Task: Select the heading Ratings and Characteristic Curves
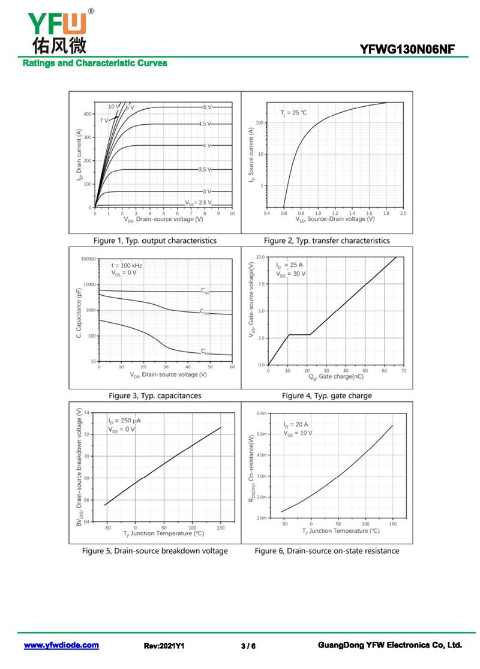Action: (95, 63)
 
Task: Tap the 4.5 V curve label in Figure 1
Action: (205, 124)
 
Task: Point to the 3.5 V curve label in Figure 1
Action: (205, 170)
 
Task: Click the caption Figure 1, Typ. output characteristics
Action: (155, 241)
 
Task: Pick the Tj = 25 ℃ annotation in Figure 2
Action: (293, 113)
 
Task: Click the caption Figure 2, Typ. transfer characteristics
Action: (326, 241)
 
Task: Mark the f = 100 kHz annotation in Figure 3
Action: (127, 265)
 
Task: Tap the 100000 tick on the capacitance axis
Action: (88, 259)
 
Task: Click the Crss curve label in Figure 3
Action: (205, 352)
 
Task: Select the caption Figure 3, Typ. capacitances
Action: (155, 396)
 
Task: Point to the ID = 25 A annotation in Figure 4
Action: (289, 265)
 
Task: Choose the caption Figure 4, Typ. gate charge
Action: (326, 396)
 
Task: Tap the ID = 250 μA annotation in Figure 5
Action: (124, 421)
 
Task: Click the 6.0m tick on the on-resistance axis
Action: (261, 413)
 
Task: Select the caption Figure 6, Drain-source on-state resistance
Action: (326, 551)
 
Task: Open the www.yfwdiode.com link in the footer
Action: (61, 646)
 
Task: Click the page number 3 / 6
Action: (248, 646)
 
